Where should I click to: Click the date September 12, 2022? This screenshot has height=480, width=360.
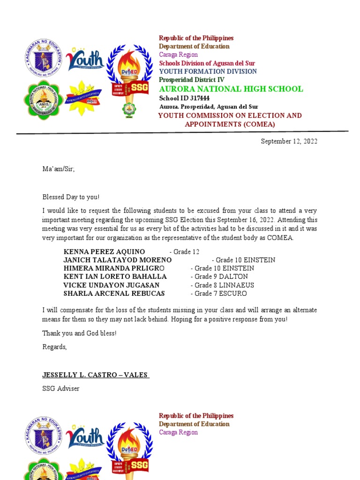[x=289, y=142]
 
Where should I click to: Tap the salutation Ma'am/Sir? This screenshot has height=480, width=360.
[x=58, y=169]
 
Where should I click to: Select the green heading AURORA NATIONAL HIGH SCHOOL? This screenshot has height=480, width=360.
[x=231, y=89]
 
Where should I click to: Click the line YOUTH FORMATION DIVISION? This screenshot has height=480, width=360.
[x=208, y=71]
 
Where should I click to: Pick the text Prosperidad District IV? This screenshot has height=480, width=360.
[x=192, y=80]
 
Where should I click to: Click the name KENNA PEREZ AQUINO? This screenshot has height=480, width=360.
[x=104, y=252]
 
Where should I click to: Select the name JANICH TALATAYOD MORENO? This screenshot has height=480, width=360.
[x=117, y=260]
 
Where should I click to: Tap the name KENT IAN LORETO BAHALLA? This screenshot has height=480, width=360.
[x=115, y=277]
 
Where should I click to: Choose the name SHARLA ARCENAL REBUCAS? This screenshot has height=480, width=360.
[x=114, y=293]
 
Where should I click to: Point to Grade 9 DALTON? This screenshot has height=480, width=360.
[x=219, y=277]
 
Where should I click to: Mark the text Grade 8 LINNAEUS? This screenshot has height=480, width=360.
[x=222, y=285]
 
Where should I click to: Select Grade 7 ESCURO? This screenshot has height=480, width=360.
[x=218, y=293]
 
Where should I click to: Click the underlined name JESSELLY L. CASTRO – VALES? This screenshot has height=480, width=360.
[x=96, y=375]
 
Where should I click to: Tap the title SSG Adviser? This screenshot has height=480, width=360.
[x=61, y=389]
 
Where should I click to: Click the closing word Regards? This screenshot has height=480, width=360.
[x=54, y=347]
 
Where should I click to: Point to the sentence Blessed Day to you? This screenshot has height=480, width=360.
[x=71, y=197]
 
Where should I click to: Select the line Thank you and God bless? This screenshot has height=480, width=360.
[x=79, y=333]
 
